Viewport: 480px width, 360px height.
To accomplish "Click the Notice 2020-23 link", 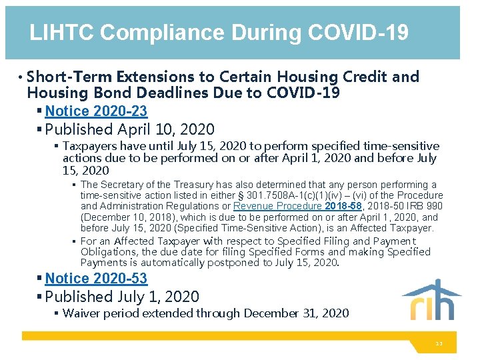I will click(x=96, y=111).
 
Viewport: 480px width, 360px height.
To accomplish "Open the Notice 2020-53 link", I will click(x=96, y=279).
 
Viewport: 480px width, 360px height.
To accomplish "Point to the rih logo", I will click(x=431, y=301).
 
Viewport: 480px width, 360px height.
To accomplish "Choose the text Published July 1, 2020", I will click(x=123, y=297).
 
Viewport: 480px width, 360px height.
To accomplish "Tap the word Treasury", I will click(x=194, y=185).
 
